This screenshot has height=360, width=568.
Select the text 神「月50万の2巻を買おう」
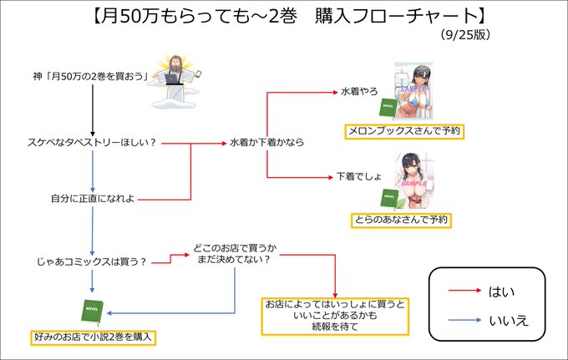(92, 78)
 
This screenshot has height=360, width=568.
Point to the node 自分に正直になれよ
(92, 199)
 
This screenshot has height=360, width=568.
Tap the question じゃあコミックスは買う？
(92, 261)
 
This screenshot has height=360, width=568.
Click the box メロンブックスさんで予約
(404, 131)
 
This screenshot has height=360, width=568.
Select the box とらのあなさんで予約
(403, 220)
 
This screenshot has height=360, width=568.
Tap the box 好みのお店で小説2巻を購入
(91, 337)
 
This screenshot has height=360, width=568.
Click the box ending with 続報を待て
(333, 315)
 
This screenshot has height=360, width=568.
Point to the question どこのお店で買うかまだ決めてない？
(231, 254)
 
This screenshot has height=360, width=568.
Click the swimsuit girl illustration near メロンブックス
(414, 89)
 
